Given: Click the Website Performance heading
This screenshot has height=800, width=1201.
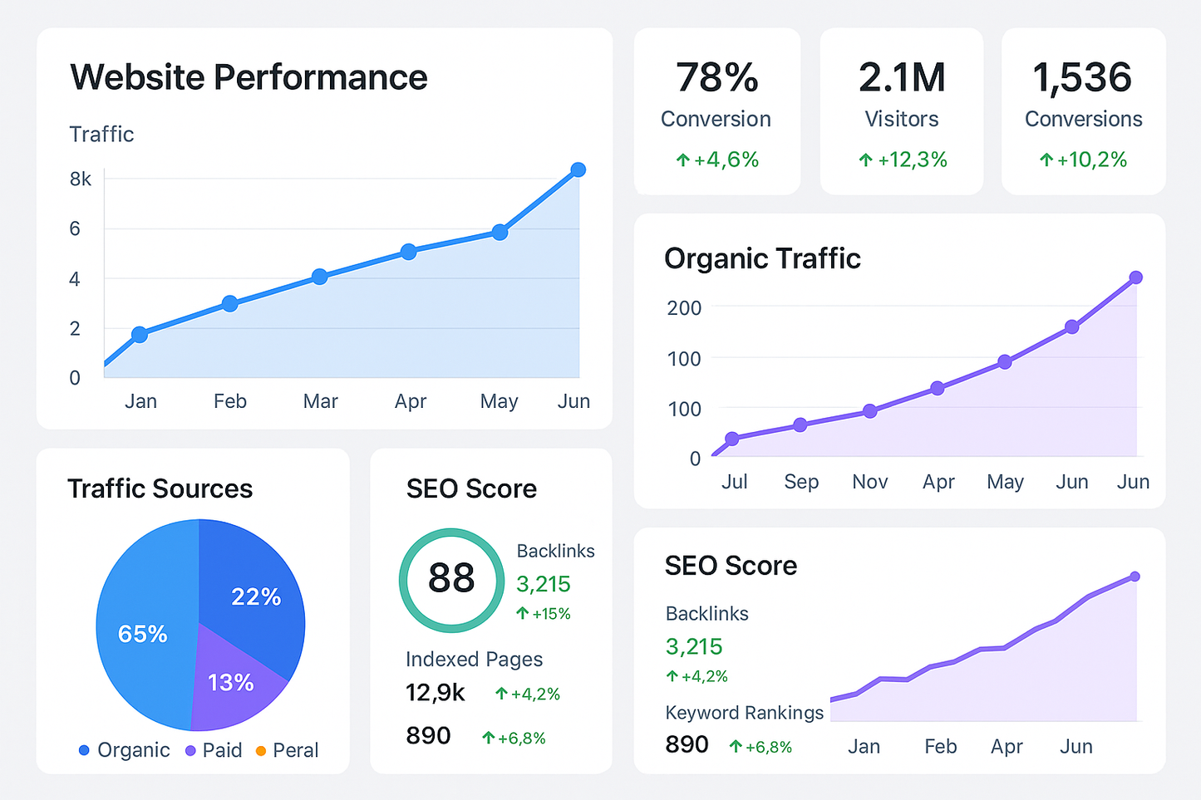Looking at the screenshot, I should pyautogui.click(x=249, y=77).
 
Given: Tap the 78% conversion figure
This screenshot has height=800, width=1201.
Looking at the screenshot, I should pyautogui.click(x=716, y=77).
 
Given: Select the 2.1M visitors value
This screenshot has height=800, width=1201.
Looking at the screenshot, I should pyautogui.click(x=902, y=77).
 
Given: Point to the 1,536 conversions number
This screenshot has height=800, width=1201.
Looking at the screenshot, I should pyautogui.click(x=1082, y=77).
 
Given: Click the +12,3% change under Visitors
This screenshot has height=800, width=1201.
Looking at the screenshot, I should pyautogui.click(x=903, y=160).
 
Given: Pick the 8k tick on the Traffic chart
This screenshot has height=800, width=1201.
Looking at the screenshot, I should pyautogui.click(x=81, y=179).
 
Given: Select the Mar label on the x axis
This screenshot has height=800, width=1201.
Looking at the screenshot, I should pyautogui.click(x=320, y=401).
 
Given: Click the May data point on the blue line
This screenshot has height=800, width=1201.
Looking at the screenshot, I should pyautogui.click(x=500, y=233).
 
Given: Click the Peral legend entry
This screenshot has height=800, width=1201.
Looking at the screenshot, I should pyautogui.click(x=287, y=750).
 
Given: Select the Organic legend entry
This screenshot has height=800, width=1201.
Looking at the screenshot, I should pyautogui.click(x=125, y=750).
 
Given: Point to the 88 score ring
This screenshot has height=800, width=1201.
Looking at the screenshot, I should pyautogui.click(x=451, y=579).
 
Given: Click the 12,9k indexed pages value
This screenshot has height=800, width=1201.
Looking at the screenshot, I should pyautogui.click(x=435, y=692).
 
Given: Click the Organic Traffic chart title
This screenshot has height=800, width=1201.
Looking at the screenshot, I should pyautogui.click(x=762, y=258).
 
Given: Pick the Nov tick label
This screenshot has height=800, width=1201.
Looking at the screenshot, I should pyautogui.click(x=869, y=482).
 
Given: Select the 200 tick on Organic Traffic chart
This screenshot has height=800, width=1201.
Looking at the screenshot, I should pyautogui.click(x=684, y=308).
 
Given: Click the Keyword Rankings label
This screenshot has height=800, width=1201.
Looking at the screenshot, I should pyautogui.click(x=744, y=713).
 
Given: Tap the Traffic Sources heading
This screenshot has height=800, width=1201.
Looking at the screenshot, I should pyautogui.click(x=160, y=488).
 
